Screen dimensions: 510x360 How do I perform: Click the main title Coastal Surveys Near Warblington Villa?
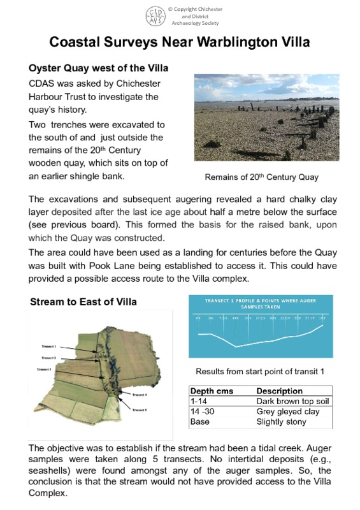click(x=179, y=43)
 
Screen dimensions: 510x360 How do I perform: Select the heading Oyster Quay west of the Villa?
click(x=99, y=68)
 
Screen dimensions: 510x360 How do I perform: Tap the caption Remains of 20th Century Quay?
click(x=261, y=177)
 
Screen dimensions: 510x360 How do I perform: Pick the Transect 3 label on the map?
click(x=44, y=369)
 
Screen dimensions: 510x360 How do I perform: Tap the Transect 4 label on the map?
click(x=140, y=395)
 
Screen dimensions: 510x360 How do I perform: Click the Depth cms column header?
click(x=212, y=391)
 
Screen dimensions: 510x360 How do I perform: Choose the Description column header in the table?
click(x=279, y=391)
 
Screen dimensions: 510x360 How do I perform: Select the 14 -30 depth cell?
click(x=203, y=412)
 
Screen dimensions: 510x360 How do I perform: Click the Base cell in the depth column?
click(x=200, y=422)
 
